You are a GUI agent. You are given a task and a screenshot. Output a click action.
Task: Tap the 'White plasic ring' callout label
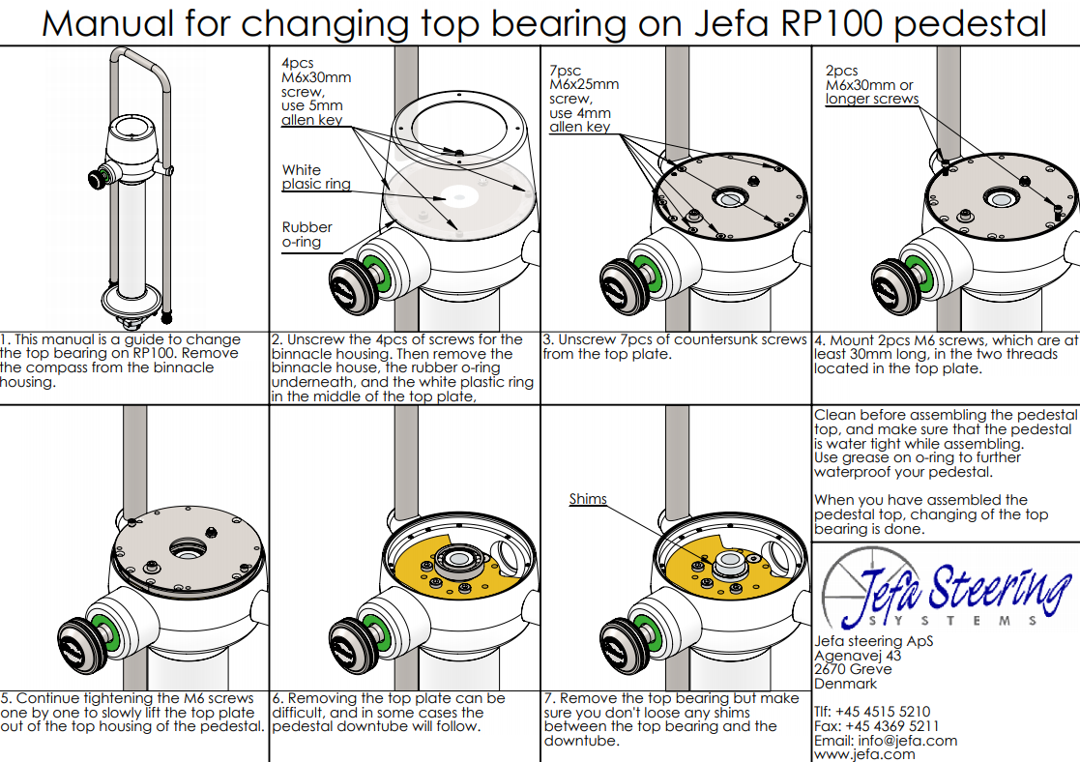tap(316, 177)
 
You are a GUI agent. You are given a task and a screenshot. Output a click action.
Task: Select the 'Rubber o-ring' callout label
tap(307, 235)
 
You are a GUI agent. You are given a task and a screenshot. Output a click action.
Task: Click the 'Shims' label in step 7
tap(588, 499)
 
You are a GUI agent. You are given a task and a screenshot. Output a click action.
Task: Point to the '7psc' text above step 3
tap(567, 70)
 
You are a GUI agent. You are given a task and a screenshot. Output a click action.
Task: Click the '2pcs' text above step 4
tap(842, 71)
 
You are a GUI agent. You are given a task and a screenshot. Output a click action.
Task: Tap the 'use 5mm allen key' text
tap(311, 113)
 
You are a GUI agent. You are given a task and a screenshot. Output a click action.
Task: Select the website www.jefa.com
tap(864, 754)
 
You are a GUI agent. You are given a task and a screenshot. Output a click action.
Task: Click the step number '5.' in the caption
tap(7, 698)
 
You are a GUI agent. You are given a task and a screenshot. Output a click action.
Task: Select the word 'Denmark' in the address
tap(845, 683)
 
